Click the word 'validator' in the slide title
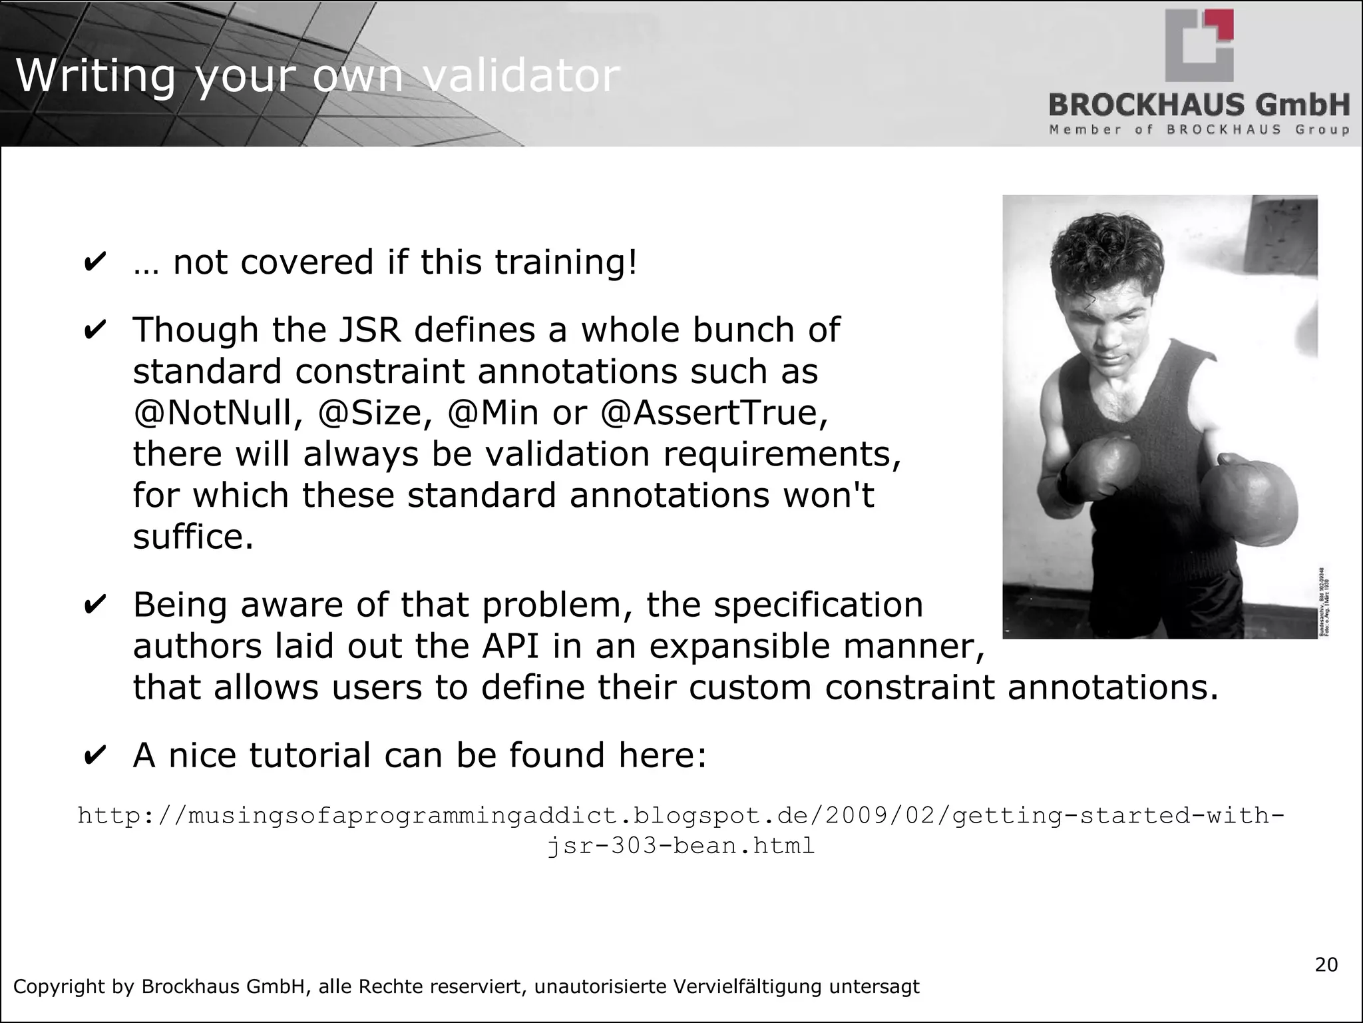pos(521,75)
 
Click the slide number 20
pos(1326,964)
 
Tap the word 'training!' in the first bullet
pos(566,262)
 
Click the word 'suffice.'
pos(193,536)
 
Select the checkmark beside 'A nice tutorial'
pos(95,757)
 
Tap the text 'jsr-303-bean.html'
pos(681,846)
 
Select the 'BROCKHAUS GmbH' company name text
pos(1199,105)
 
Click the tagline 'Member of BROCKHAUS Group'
pos(1199,129)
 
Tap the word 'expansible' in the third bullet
pos(745,646)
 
